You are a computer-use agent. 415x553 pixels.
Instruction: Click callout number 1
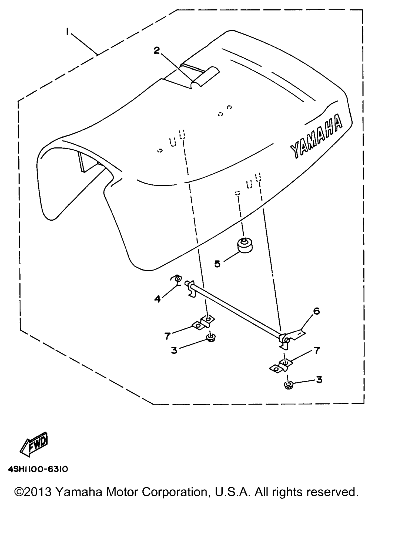pos(67,32)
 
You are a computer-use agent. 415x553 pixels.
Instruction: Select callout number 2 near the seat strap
pos(157,50)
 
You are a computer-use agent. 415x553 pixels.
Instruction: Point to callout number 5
pos(217,264)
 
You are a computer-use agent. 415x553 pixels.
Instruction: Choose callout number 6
pos(316,311)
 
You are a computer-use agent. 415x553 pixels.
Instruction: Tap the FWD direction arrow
pos(34,444)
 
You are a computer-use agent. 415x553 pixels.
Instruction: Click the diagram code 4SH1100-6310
pos(38,469)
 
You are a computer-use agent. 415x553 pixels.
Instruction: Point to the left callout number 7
pos(168,336)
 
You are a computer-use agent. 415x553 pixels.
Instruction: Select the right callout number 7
pos(317,350)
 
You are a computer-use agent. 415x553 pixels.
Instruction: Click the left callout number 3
pos(174,350)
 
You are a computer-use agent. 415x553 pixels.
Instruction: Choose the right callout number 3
pos(319,380)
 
